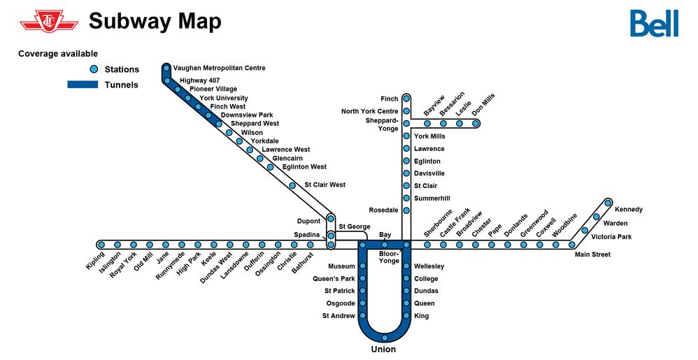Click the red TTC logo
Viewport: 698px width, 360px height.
[x=49, y=22]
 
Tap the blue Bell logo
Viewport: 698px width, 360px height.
[x=653, y=24]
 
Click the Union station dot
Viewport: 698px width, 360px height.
[x=384, y=338]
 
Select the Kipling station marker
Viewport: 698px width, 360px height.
[x=101, y=245]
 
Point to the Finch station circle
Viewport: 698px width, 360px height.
[x=406, y=99]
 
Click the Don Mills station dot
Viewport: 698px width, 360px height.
[x=476, y=124]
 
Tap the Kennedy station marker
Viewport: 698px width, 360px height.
[x=608, y=203]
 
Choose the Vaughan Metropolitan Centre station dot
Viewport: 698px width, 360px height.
[x=166, y=69]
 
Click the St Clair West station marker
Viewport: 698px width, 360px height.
[x=292, y=185]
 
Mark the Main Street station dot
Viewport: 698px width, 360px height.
[x=571, y=245]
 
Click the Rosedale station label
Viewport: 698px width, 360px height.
[x=383, y=210]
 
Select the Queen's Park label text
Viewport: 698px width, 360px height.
[x=334, y=279]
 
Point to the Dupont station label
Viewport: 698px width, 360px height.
[x=308, y=222]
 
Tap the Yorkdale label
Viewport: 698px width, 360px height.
[x=264, y=141]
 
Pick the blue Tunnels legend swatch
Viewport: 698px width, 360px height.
[x=83, y=85]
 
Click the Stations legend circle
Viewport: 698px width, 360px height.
[x=94, y=69]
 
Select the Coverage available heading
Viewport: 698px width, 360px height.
[x=58, y=54]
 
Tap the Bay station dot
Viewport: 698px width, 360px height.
[x=385, y=245]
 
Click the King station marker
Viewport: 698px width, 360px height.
[x=406, y=316]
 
